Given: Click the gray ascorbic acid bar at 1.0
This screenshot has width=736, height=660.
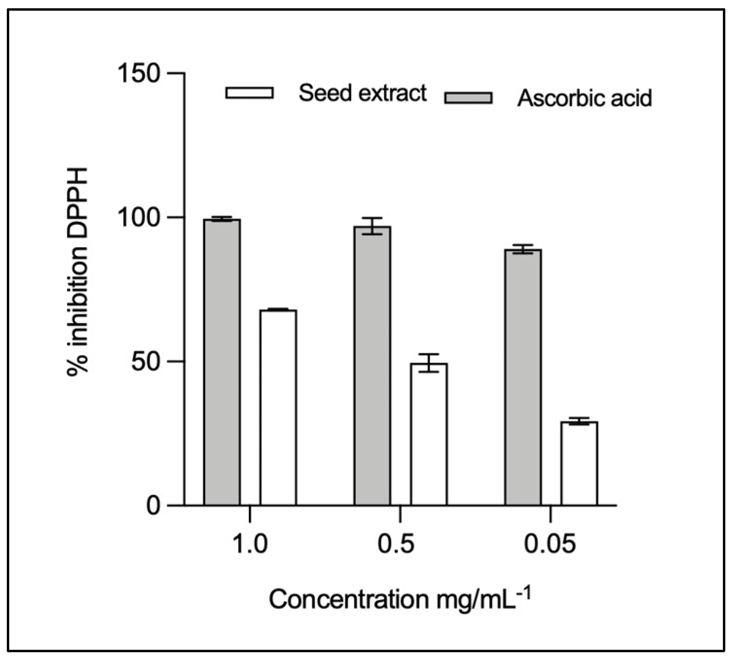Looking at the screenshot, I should coord(222,362).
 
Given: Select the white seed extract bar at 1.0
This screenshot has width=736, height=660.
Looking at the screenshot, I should coord(278,407).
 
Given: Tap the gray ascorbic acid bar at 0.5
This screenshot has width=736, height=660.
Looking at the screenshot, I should coord(372,365).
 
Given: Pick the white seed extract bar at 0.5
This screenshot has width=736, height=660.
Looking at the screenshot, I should coord(429,434).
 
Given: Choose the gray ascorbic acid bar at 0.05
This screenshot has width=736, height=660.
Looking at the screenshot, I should coord(523,377).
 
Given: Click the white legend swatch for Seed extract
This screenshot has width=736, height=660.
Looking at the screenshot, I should coord(249,93).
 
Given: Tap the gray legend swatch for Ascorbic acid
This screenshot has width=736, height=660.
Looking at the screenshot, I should coord(468,98).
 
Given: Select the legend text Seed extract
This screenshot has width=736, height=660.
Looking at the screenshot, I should coord(363,93).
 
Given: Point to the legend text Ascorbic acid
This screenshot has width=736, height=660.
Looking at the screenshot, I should coord(584,98).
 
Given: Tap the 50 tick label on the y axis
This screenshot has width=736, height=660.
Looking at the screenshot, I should coord(146,362).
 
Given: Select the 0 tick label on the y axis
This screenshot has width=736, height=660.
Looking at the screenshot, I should coord(153,506).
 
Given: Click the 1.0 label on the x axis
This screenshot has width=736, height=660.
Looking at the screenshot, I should coord(250,544).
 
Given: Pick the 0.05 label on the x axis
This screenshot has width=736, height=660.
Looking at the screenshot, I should coord(550,544).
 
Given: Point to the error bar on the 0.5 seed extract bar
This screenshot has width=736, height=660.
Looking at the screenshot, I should coord(429,363).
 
